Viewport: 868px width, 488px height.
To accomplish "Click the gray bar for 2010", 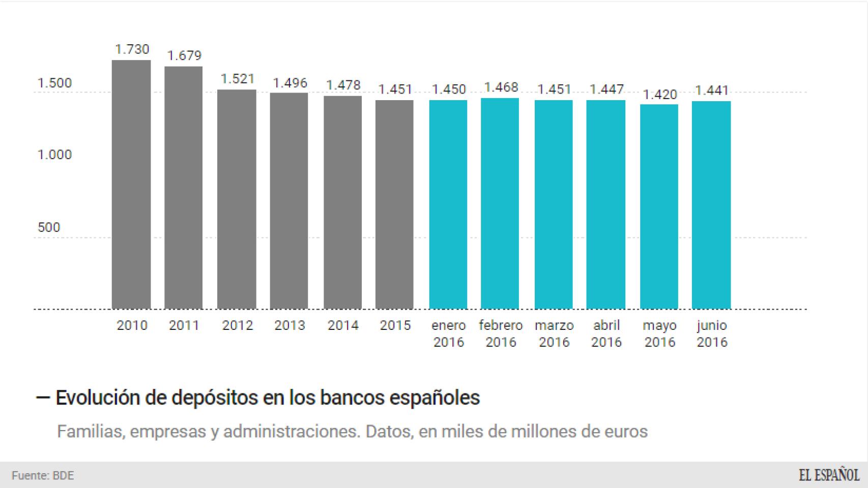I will [131, 184].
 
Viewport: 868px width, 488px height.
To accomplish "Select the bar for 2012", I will [237, 199].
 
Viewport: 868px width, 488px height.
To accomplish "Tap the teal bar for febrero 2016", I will [500, 203].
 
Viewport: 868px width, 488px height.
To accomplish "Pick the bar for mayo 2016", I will [659, 206].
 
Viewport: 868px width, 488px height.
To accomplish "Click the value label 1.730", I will [132, 49].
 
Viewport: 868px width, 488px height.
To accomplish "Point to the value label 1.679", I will [184, 55].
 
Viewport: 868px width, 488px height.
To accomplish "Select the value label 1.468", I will [501, 87].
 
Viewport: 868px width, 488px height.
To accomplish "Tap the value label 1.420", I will [660, 95].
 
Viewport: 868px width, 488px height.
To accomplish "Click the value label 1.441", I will [712, 90].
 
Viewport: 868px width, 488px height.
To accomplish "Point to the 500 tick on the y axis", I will [49, 227].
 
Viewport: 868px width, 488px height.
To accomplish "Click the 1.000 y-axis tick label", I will [54, 155].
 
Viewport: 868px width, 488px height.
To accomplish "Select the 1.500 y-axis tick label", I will [54, 83].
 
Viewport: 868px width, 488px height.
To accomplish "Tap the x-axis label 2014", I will [342, 325].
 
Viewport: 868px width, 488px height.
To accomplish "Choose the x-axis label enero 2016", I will [448, 333].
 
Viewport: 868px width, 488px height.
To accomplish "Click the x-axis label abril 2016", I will [606, 333].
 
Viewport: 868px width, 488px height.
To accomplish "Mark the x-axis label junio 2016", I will [712, 333].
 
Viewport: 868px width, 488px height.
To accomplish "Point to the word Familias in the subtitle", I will [90, 432].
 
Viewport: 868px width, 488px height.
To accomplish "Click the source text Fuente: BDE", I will [43, 476].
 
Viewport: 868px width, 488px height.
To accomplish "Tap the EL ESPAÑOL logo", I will [828, 475].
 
